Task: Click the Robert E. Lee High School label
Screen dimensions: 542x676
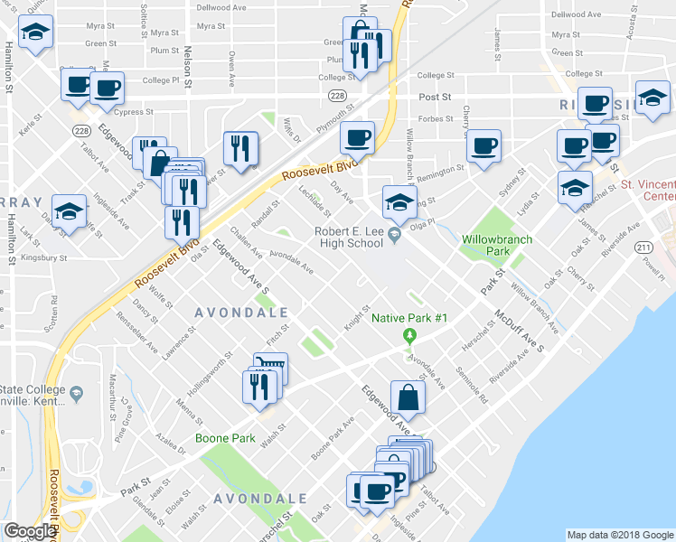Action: click(x=348, y=237)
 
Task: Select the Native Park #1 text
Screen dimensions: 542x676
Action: click(x=409, y=319)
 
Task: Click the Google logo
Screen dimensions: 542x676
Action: click(x=29, y=531)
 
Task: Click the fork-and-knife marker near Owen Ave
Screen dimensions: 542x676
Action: click(x=240, y=148)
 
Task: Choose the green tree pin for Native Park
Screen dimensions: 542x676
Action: click(x=409, y=337)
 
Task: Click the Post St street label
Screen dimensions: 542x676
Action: click(x=433, y=96)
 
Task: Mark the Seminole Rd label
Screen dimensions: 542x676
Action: click(x=472, y=383)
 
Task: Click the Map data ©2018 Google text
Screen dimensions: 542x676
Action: click(x=619, y=535)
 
